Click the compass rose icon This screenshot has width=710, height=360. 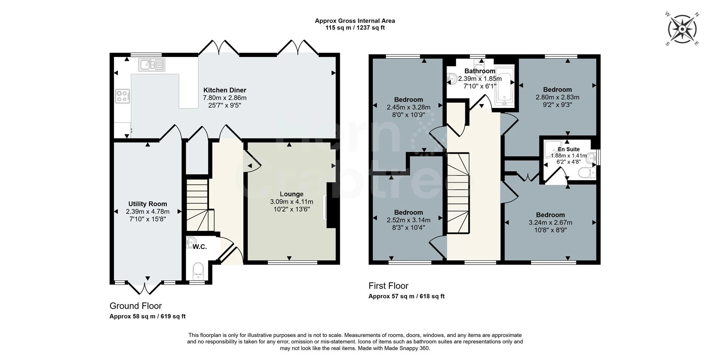[x=682, y=29]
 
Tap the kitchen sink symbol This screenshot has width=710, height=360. [x=152, y=65]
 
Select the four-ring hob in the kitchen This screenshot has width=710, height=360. [x=122, y=96]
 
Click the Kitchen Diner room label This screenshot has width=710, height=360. [x=224, y=90]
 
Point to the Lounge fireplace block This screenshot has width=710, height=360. [x=331, y=205]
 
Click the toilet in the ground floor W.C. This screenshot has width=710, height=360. [x=198, y=271]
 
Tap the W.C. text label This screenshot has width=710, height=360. [x=200, y=247]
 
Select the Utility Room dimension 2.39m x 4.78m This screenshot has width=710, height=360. [x=148, y=212]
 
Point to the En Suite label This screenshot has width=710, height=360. [x=568, y=149]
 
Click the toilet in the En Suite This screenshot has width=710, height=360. [x=586, y=172]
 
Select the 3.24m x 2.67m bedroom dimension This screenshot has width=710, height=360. [x=550, y=223]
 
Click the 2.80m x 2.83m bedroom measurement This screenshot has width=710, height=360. [x=557, y=97]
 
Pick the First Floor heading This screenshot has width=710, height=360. [x=388, y=286]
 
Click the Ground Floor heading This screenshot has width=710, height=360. [x=135, y=306]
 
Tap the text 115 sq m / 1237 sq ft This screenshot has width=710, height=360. [x=355, y=28]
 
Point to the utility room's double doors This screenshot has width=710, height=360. [x=145, y=288]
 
